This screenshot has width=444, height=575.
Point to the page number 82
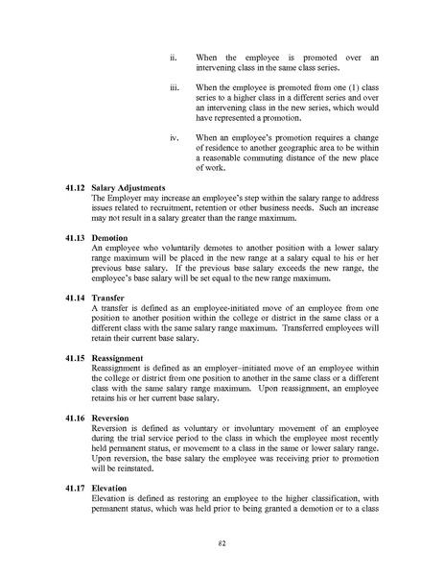(222, 542)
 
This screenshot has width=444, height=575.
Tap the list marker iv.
(174, 138)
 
